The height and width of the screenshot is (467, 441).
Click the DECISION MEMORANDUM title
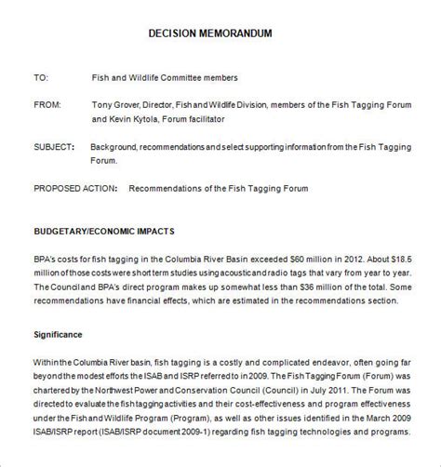click(x=220, y=33)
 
